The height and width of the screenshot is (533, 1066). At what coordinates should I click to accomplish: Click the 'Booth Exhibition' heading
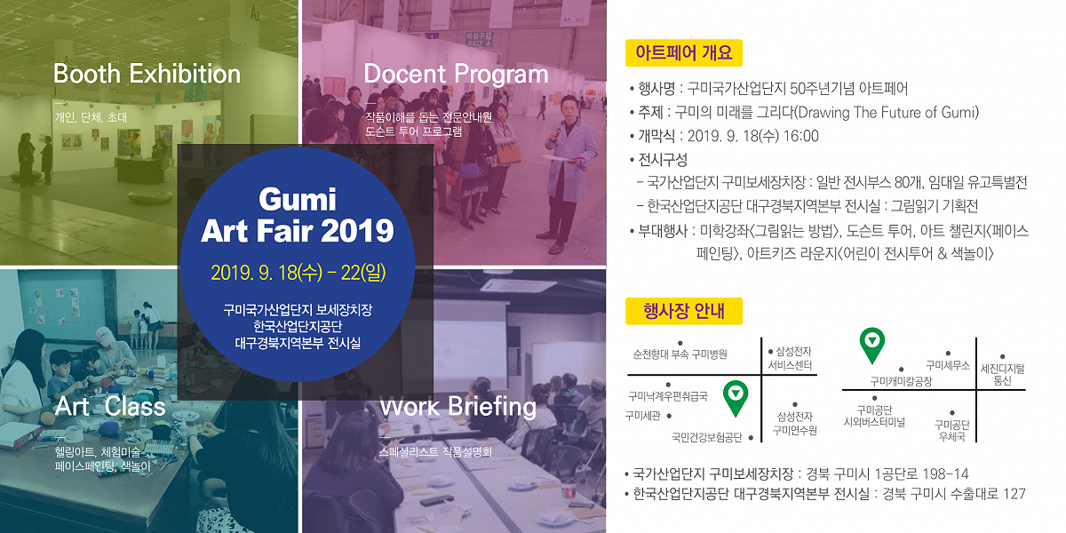(147, 75)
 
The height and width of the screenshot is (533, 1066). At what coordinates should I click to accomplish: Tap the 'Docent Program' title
(456, 75)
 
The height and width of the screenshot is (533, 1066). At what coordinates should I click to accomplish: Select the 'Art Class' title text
(110, 407)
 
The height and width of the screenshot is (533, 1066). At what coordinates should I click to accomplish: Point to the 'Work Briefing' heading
(457, 407)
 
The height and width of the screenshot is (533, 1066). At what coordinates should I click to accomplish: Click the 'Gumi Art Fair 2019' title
(298, 215)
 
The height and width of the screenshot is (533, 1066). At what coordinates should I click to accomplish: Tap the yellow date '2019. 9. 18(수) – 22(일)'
(298, 273)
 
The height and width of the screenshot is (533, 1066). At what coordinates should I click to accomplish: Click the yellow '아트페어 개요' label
(684, 52)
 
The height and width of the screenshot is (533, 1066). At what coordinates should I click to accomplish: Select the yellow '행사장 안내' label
(684, 311)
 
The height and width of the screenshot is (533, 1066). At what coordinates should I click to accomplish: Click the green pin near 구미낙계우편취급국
(736, 398)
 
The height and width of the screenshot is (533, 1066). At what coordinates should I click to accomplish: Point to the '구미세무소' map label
(948, 365)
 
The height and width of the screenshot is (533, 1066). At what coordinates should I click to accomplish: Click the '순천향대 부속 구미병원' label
(680, 354)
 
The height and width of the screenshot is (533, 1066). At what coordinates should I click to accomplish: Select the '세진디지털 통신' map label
(1002, 375)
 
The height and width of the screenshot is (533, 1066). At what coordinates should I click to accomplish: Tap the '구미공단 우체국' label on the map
(951, 430)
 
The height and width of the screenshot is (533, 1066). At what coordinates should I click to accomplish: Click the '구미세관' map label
(643, 416)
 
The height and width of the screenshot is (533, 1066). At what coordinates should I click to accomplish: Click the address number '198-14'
(945, 474)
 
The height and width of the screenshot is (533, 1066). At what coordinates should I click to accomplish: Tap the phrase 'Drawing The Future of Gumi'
(887, 112)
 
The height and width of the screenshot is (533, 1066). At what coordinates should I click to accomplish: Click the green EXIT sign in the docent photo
(479, 39)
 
